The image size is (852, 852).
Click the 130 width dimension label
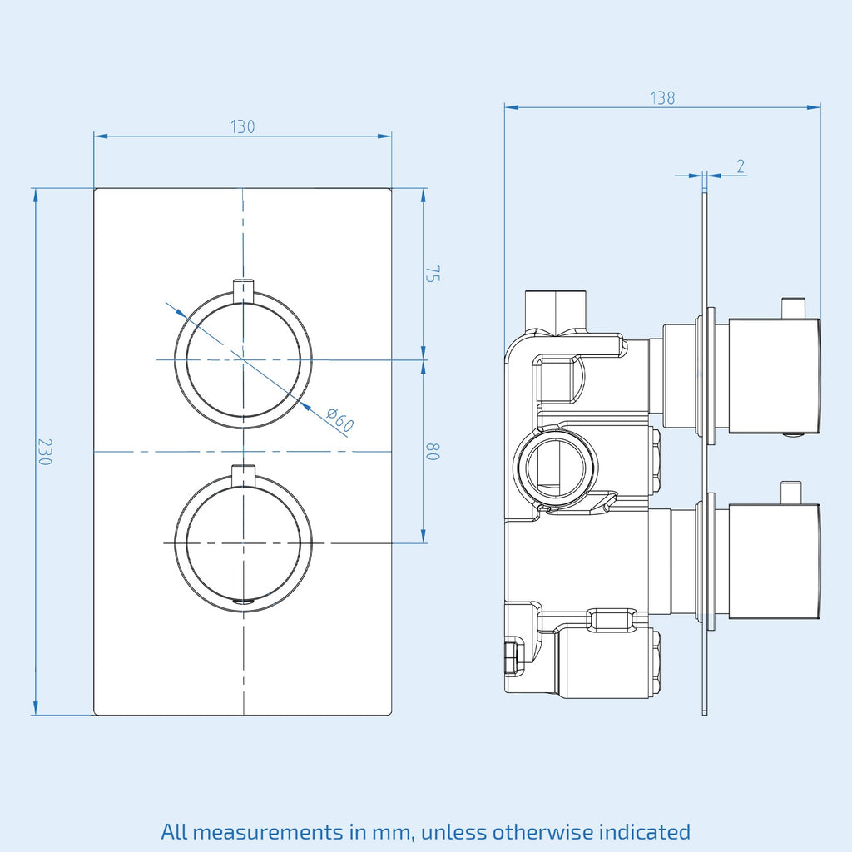[242, 126]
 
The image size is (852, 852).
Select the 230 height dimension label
[45, 452]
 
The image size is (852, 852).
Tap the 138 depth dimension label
[662, 98]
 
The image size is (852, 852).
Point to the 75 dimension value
[433, 274]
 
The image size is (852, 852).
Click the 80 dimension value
[433, 452]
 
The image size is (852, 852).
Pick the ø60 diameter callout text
[340, 420]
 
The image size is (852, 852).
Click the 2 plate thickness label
[741, 166]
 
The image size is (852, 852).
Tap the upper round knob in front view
[243, 359]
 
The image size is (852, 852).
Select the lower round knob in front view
[243, 542]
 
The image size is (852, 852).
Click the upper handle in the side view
[775, 376]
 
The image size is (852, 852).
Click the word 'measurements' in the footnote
[267, 832]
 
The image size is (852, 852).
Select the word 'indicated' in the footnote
[645, 831]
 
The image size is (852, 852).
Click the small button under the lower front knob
[243, 601]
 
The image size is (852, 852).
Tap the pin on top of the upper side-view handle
[793, 308]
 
